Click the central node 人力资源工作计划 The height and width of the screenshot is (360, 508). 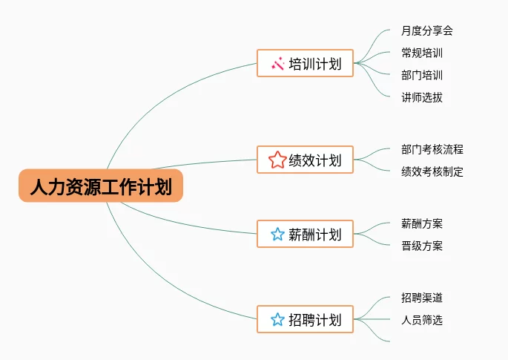click(x=100, y=186)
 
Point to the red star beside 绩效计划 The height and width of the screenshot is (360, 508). click(x=277, y=160)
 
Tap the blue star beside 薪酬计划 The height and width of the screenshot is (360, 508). click(x=277, y=235)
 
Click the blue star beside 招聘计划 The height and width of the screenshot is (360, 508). click(x=277, y=320)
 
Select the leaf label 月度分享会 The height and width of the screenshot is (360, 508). click(x=426, y=30)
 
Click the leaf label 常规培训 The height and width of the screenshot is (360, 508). click(x=421, y=53)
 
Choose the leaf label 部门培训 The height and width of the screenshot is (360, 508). click(x=421, y=75)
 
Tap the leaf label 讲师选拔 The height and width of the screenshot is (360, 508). click(x=421, y=97)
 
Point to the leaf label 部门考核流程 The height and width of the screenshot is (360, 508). click(x=432, y=149)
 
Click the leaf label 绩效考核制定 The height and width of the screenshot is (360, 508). click(x=432, y=171)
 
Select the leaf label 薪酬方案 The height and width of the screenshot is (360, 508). click(x=421, y=223)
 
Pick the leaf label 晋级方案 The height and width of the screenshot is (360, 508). click(x=421, y=246)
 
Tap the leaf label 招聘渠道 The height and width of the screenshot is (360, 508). click(x=421, y=298)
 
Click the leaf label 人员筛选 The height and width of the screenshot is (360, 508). click(x=421, y=320)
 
